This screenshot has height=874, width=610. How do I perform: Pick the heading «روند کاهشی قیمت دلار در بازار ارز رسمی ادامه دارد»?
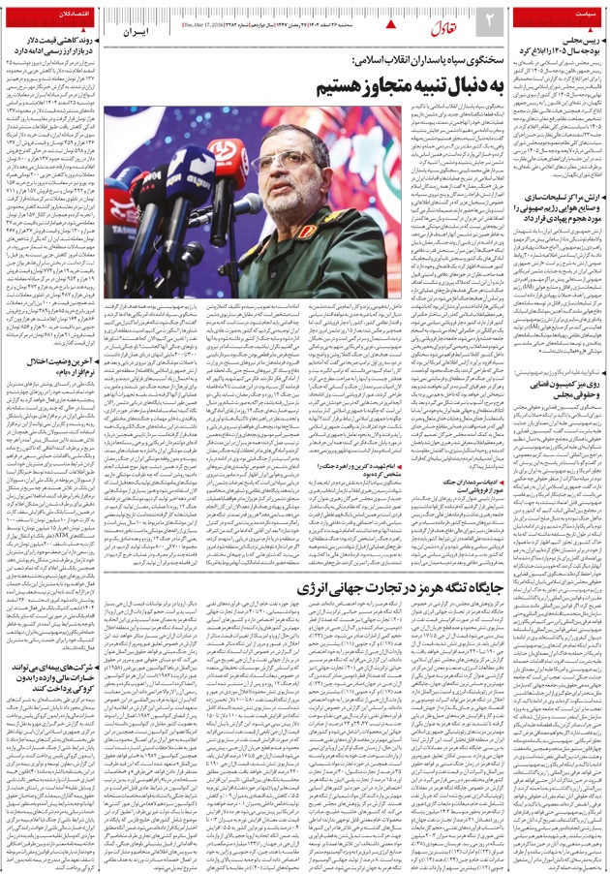[x=59, y=46]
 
